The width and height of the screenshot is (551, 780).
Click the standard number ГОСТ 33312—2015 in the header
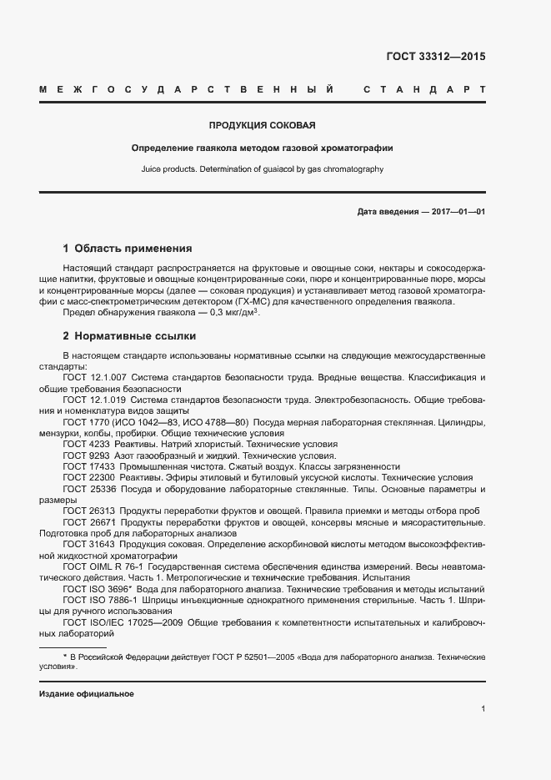pos(435,58)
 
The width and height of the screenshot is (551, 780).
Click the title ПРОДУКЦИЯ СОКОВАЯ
pos(262,125)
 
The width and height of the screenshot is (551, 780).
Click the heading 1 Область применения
pos(128,248)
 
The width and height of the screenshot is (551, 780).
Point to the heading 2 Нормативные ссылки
pos(129,336)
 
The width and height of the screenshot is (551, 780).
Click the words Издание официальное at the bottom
pos(86,694)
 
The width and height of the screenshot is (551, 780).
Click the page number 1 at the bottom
pos(483,709)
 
